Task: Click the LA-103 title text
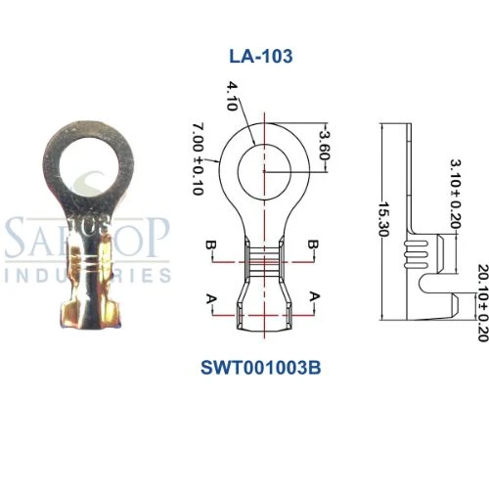tap(261, 56)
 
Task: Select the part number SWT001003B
tap(261, 341)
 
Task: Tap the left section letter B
tap(210, 244)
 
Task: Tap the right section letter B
tap(312, 244)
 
